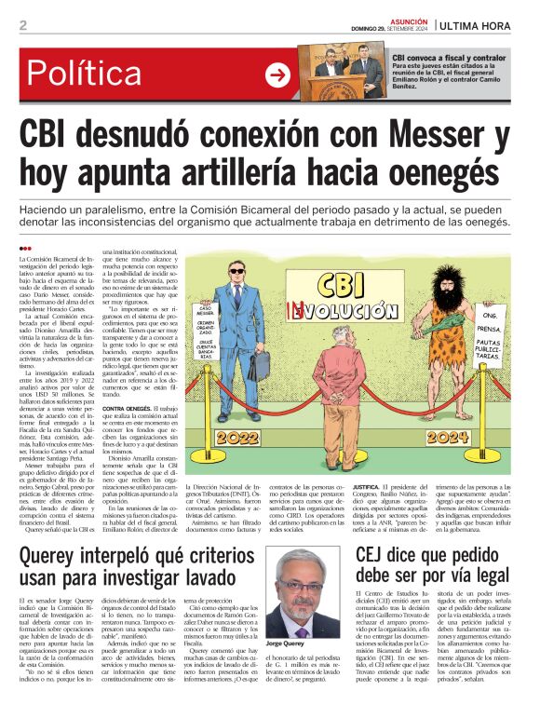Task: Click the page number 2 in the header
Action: click(22, 25)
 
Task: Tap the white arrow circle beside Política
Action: click(277, 75)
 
